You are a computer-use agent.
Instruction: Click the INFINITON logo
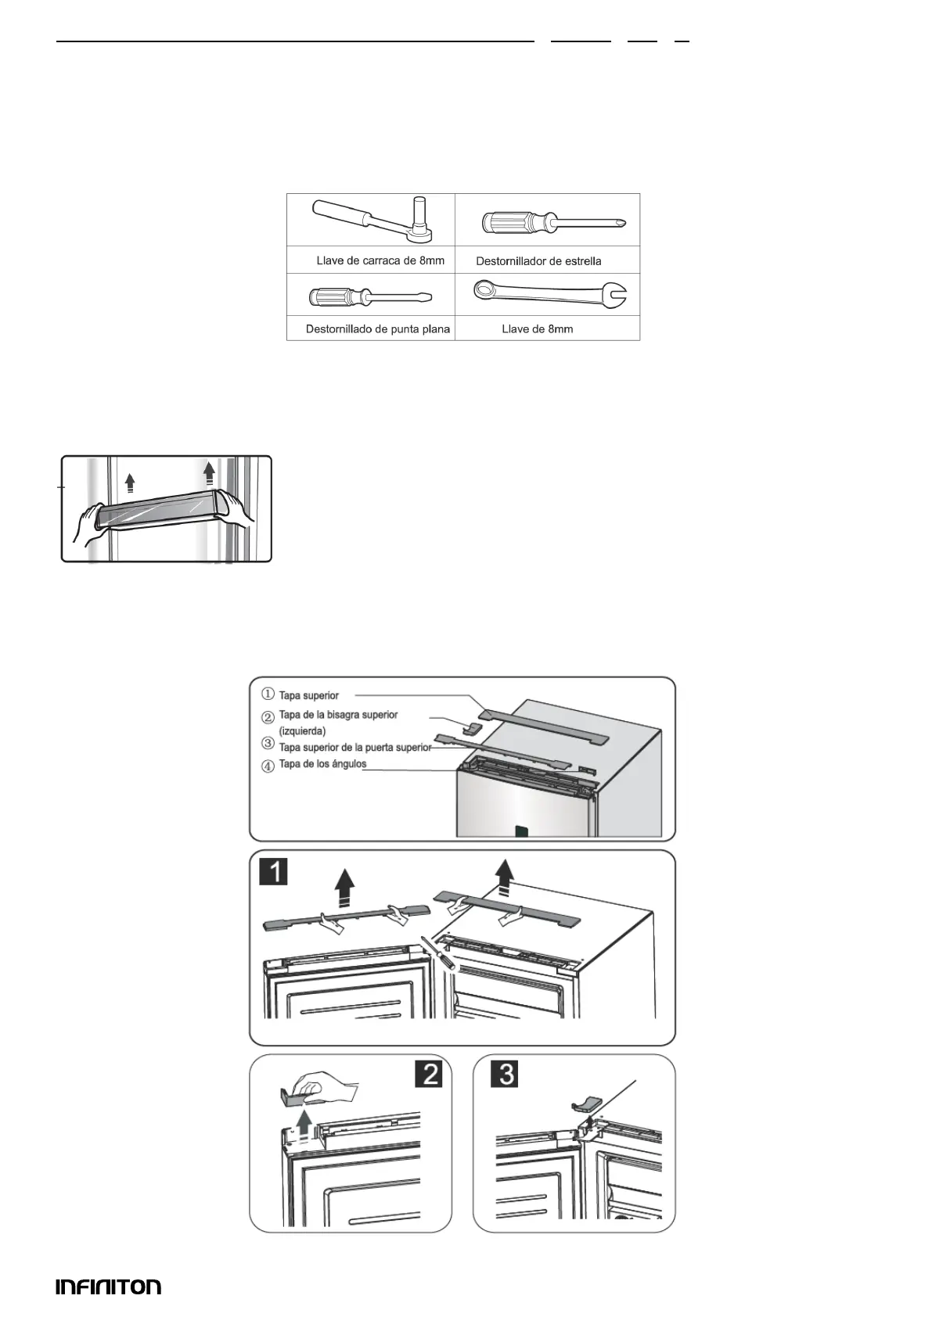click(x=108, y=1286)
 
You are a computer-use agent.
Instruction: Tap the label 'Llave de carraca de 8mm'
click(x=380, y=260)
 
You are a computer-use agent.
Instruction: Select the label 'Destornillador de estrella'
click(x=538, y=261)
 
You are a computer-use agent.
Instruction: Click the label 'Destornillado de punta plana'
click(x=378, y=329)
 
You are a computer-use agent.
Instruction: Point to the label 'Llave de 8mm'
click(x=538, y=329)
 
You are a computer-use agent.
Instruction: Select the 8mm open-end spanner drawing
click(x=551, y=294)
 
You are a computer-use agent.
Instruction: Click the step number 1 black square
click(x=273, y=870)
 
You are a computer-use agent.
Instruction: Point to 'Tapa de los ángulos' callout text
click(x=322, y=764)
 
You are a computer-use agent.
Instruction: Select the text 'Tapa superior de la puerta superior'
click(x=354, y=748)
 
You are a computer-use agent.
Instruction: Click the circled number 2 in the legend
click(x=268, y=716)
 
